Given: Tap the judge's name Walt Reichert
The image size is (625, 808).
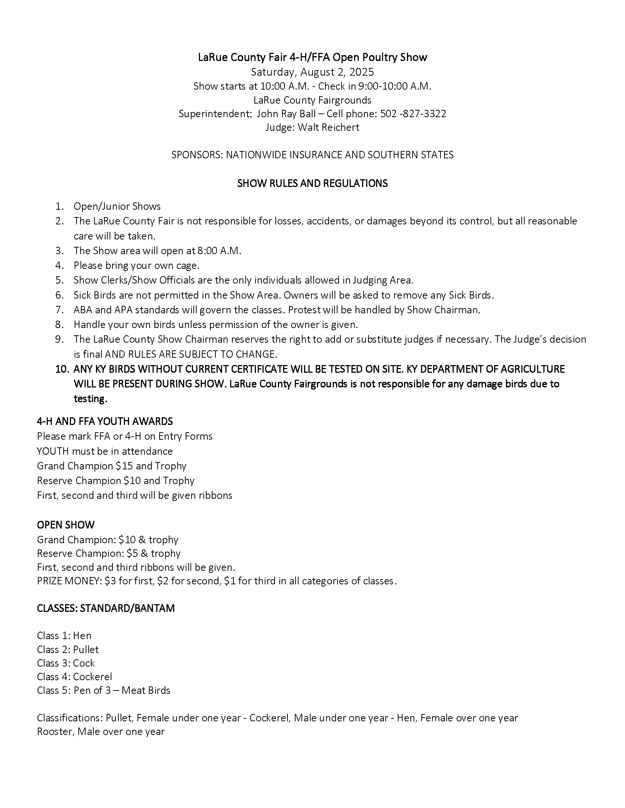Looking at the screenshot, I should (x=328, y=127).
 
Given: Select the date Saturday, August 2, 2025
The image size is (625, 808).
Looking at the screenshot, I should (x=312, y=72).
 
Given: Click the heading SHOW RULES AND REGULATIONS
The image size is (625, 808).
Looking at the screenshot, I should (x=312, y=184).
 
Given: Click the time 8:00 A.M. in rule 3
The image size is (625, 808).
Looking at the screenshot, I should (x=219, y=251).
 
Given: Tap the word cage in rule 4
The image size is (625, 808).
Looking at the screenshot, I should (x=188, y=266).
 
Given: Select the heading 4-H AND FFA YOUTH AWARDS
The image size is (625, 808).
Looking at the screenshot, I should (x=105, y=421).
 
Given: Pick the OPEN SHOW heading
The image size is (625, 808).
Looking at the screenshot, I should (x=65, y=525).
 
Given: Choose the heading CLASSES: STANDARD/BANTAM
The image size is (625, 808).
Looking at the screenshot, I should (x=106, y=609).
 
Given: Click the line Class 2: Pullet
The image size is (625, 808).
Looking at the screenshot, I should (x=68, y=650).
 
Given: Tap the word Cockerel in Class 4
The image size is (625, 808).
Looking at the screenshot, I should (x=93, y=677).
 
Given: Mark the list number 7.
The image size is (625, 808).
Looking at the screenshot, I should (x=60, y=310).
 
